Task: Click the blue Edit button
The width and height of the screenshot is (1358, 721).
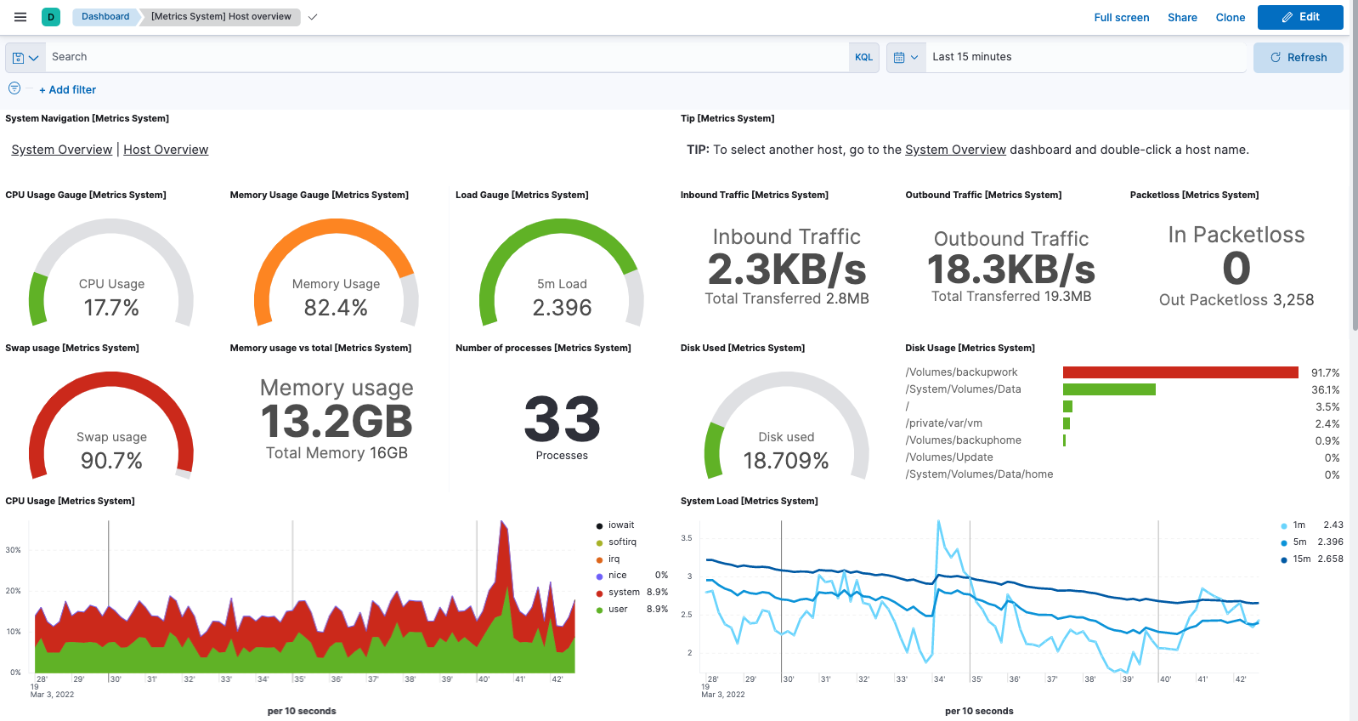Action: [x=1299, y=17]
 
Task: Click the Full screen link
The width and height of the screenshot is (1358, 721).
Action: [x=1121, y=17]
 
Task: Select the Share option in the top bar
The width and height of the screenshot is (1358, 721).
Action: [x=1181, y=17]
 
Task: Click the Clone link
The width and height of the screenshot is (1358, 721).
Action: [x=1230, y=17]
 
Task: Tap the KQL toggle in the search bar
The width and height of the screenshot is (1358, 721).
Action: [x=863, y=57]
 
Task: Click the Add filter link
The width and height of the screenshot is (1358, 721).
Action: [x=68, y=89]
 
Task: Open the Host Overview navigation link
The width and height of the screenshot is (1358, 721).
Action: [x=166, y=150]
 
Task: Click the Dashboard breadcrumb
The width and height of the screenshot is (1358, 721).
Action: [x=105, y=16]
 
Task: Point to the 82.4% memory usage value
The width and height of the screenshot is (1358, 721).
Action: [x=336, y=308]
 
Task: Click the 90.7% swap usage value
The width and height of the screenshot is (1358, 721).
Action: [x=111, y=461]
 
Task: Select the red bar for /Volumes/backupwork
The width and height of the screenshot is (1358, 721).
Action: [x=1180, y=372]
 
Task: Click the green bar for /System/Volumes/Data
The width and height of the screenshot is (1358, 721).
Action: [x=1108, y=389]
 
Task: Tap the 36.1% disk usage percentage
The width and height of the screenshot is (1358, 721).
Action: [x=1325, y=389]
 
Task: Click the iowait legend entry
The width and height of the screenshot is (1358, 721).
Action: [x=620, y=525]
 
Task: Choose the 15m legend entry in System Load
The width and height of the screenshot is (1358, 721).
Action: [x=1301, y=559]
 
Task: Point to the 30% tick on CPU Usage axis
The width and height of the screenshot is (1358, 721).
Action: [x=14, y=550]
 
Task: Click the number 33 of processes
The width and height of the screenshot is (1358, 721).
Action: [x=562, y=419]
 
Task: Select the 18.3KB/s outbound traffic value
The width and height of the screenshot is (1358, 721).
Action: [x=1010, y=270]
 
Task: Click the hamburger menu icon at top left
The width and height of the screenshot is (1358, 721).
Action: [x=20, y=17]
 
